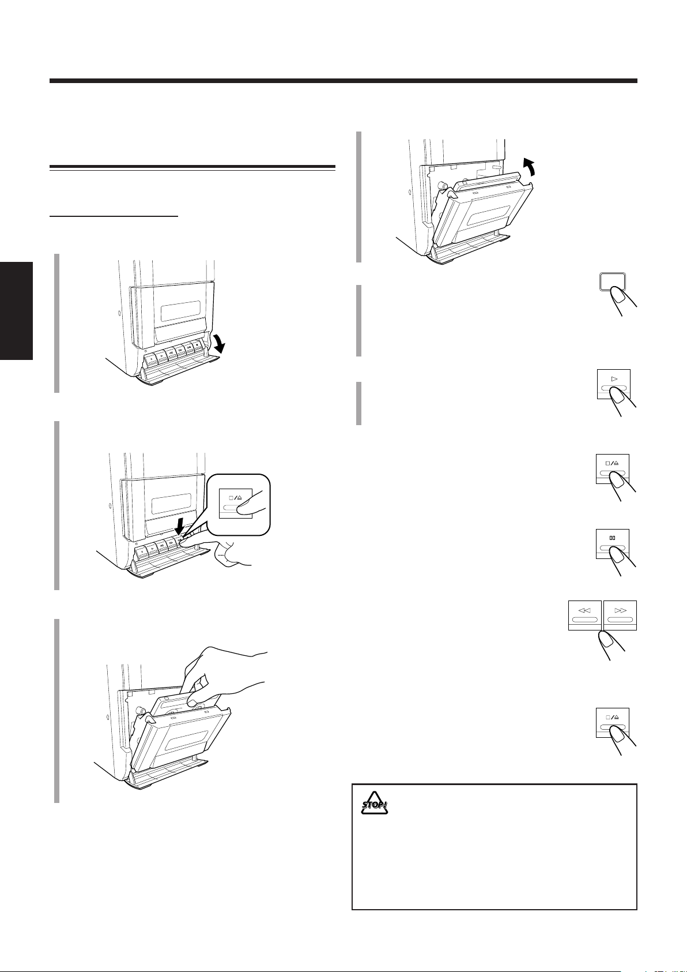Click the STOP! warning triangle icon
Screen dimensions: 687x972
pyautogui.click(x=375, y=803)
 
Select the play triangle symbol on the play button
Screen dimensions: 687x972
pyautogui.click(x=613, y=378)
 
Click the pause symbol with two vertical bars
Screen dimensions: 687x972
pyautogui.click(x=613, y=538)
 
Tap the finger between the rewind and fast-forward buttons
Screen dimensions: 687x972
pyautogui.click(x=607, y=640)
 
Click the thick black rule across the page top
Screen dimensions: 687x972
pyautogui.click(x=343, y=81)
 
